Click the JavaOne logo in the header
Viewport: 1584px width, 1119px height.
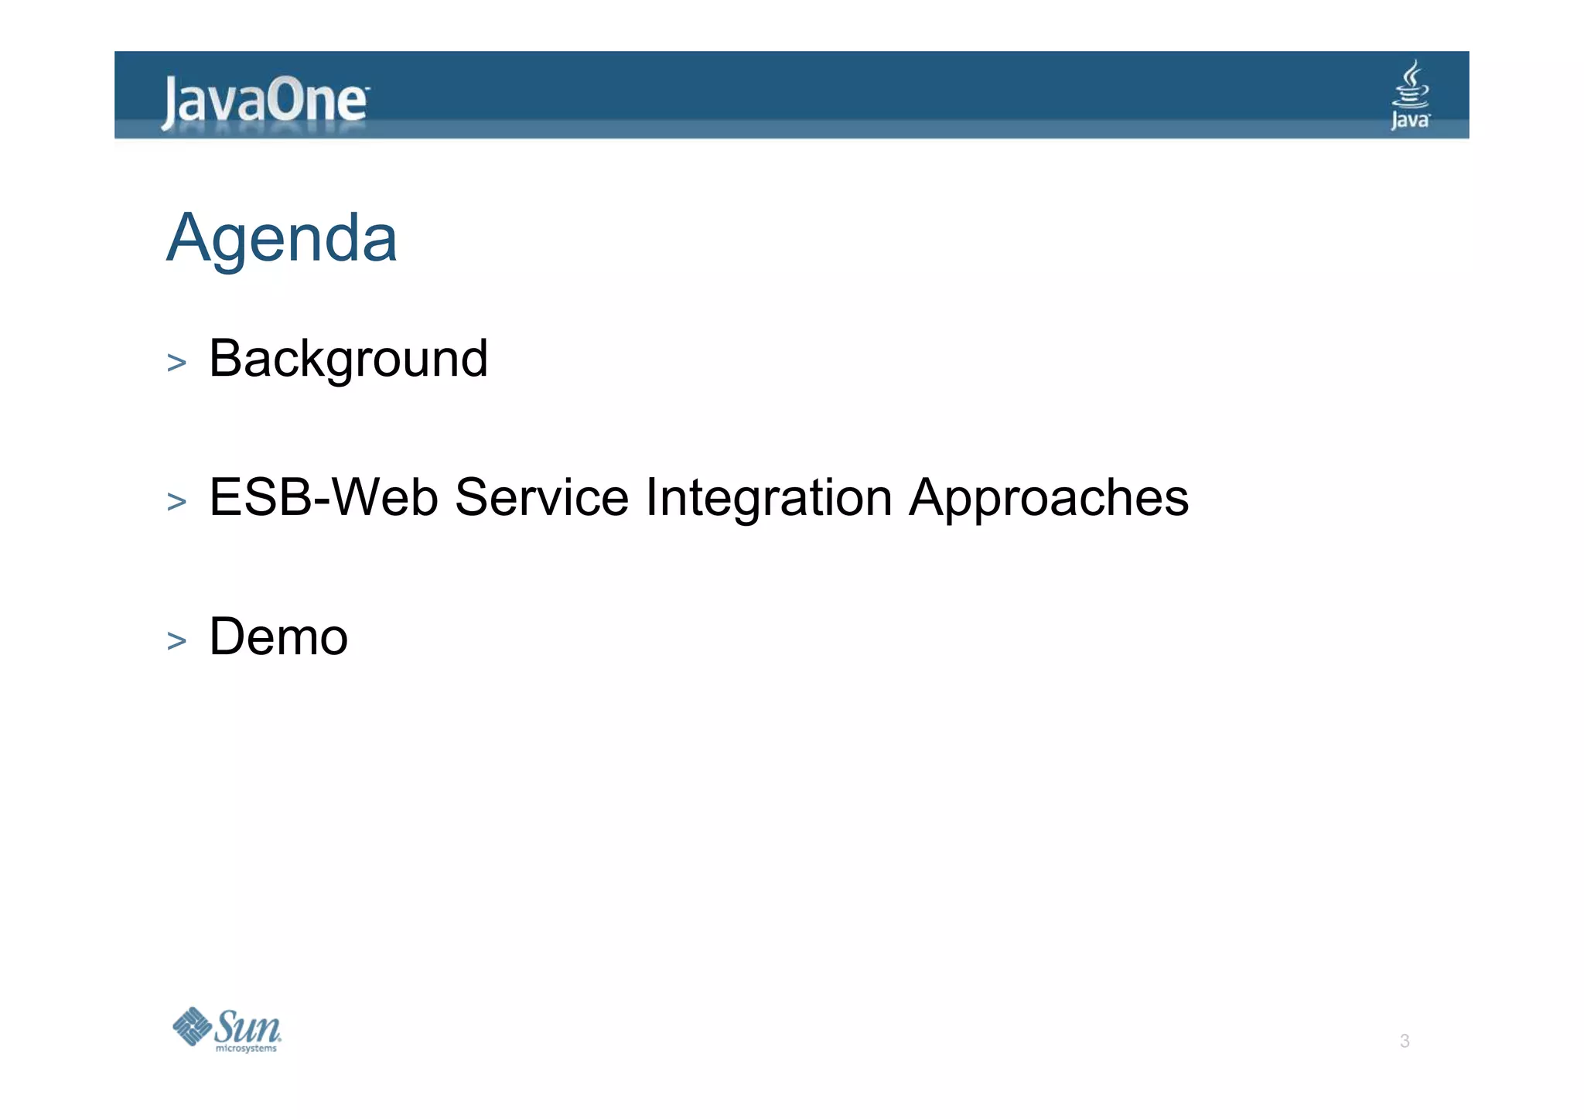click(265, 101)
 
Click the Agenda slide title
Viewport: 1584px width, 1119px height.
click(282, 237)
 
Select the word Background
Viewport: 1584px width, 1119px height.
click(348, 359)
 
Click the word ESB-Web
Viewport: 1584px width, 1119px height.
click(323, 497)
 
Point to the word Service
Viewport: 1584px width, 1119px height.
click(541, 497)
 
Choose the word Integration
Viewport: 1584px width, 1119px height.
click(769, 497)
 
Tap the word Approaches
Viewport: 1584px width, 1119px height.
click(1048, 497)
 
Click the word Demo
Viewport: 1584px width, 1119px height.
click(278, 636)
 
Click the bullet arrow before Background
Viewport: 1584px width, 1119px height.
click(176, 363)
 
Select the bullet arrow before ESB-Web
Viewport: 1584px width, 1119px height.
click(176, 502)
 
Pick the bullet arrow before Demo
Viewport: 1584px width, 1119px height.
click(176, 641)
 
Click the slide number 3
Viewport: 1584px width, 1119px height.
click(1405, 1041)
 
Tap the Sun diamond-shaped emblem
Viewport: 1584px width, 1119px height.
click(191, 1026)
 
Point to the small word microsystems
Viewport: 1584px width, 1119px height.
click(246, 1049)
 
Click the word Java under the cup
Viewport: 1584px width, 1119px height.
click(1410, 120)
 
